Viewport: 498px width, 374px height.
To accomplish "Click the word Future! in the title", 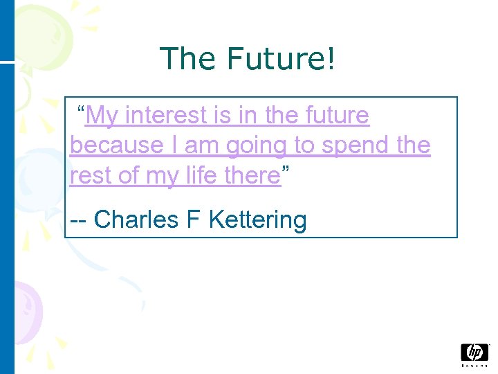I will point(280,60).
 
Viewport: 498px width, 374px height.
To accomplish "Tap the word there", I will point(251,176).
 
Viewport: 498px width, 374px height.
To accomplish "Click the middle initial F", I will point(192,220).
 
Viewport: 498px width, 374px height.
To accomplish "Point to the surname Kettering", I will point(257,220).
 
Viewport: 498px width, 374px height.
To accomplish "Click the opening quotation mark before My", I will point(81,111).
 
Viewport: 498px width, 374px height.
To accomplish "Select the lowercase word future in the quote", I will point(335,116).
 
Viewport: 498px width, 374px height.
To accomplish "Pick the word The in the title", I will point(185,60).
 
